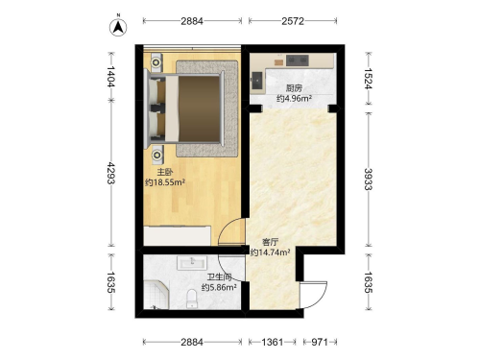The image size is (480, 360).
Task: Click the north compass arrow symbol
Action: [118, 27]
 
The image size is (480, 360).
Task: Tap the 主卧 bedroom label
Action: [165, 172]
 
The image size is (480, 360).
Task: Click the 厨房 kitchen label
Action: [294, 88]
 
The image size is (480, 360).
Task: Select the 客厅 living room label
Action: [270, 242]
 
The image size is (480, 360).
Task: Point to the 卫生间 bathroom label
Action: [219, 277]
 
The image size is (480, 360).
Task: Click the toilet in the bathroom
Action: [192, 299]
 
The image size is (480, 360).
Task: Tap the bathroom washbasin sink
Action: [192, 262]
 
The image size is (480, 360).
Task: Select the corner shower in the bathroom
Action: [156, 295]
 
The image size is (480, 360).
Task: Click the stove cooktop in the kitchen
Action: [298, 60]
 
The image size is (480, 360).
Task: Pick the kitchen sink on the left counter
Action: [257, 81]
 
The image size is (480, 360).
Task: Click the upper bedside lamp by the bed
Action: [156, 62]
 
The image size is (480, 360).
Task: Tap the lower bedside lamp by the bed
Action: [157, 156]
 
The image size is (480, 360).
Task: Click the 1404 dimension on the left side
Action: [111, 77]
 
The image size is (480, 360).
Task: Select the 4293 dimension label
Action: [111, 173]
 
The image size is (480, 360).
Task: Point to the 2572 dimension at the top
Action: [293, 21]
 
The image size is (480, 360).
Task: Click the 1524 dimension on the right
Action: [369, 79]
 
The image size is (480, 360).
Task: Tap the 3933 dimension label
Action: [369, 180]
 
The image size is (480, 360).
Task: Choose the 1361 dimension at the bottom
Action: [273, 342]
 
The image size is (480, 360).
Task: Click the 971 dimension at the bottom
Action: [320, 342]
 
